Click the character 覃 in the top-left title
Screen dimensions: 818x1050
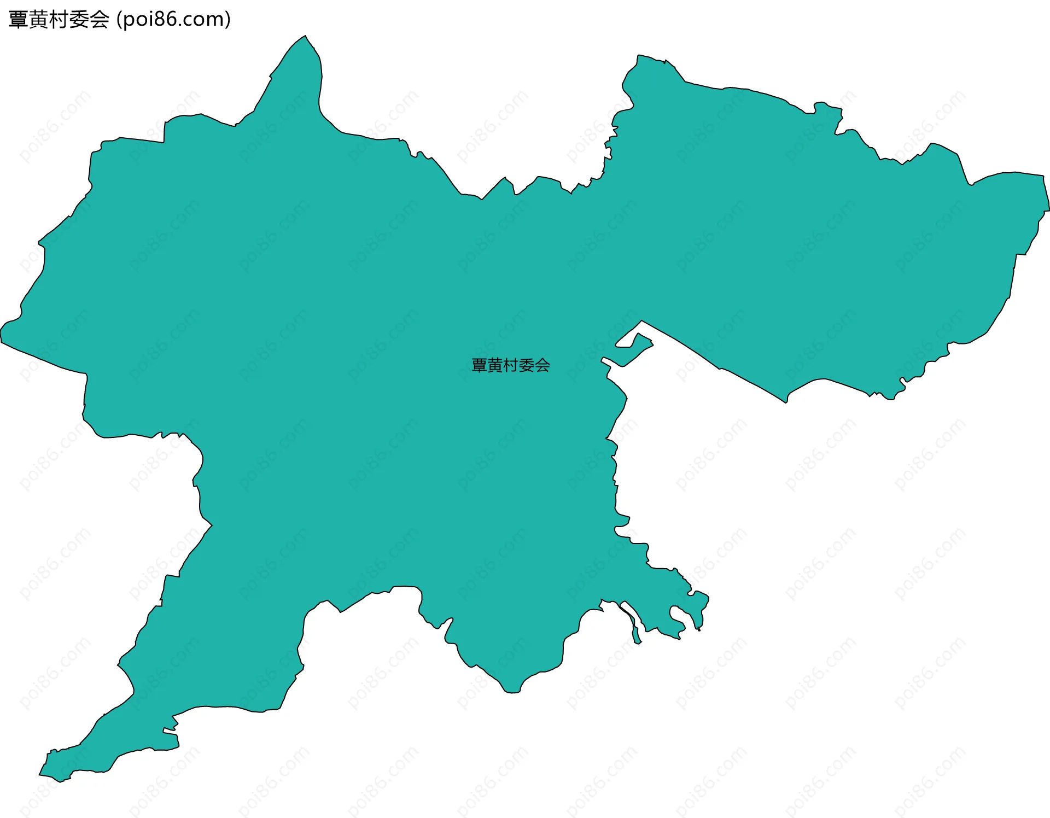click(19, 20)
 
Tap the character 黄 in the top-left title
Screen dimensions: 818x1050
click(39, 20)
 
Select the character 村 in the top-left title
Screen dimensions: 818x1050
click(59, 20)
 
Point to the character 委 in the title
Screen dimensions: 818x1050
click(79, 20)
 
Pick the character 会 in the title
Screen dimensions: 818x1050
click(100, 20)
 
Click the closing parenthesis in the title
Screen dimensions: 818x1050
click(227, 20)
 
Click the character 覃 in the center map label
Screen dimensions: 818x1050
click(479, 365)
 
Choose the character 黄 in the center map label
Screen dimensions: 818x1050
click(495, 365)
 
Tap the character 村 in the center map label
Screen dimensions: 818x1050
click(511, 365)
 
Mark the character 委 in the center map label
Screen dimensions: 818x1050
click(527, 365)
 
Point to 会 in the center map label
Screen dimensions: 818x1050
click(542, 365)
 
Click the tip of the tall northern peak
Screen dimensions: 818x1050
click(305, 37)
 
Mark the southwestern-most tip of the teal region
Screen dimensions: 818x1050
click(40, 774)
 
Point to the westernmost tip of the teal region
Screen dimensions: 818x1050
click(2, 334)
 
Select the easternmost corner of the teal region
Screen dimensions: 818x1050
click(1048, 209)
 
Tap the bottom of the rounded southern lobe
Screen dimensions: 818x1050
click(512, 692)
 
